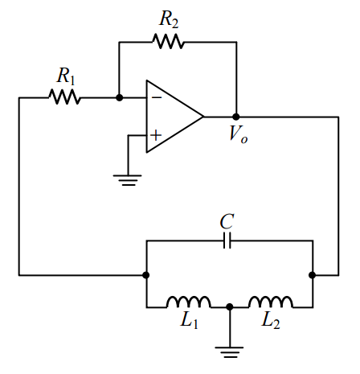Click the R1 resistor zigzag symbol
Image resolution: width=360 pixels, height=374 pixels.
click(64, 97)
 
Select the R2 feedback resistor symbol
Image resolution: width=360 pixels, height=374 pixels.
click(170, 41)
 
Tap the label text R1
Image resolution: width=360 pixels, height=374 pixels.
click(66, 76)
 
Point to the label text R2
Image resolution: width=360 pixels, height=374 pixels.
click(170, 18)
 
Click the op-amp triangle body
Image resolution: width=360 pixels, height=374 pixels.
click(170, 117)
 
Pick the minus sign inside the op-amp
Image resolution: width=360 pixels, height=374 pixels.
click(156, 98)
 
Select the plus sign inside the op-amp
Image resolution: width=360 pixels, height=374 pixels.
click(156, 136)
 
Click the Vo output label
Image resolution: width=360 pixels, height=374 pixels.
click(238, 134)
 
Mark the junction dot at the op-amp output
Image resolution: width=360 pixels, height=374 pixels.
click(235, 117)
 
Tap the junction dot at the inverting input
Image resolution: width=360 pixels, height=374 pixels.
click(119, 97)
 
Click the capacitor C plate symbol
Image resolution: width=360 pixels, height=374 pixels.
click(228, 240)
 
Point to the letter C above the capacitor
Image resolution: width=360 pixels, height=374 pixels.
click(228, 220)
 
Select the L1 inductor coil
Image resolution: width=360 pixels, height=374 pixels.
click(188, 302)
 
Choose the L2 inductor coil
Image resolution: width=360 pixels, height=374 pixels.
click(270, 302)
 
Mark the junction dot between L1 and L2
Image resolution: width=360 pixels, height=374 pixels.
click(230, 306)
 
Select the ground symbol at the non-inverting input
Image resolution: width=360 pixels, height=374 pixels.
click(126, 179)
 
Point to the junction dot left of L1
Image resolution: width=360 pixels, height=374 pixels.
click(146, 275)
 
